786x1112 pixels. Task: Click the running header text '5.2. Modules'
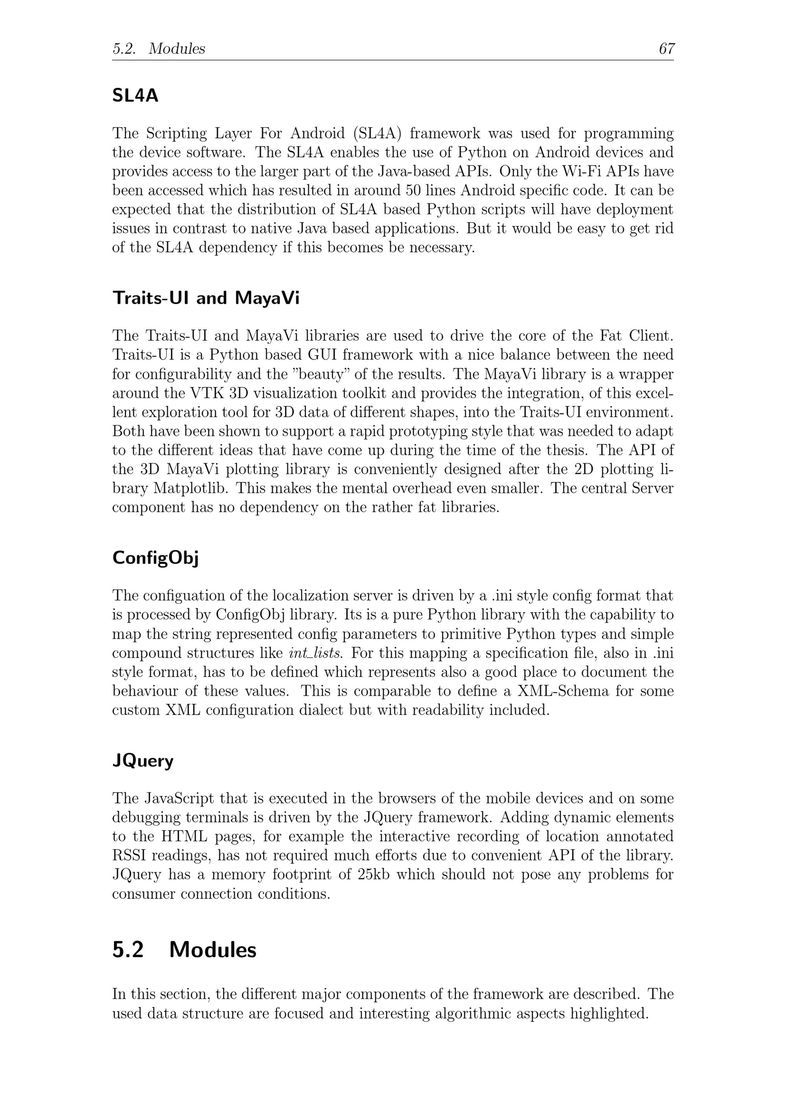coord(159,48)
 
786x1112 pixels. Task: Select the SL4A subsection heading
coord(135,96)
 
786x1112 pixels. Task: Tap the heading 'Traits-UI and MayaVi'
coord(206,298)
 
